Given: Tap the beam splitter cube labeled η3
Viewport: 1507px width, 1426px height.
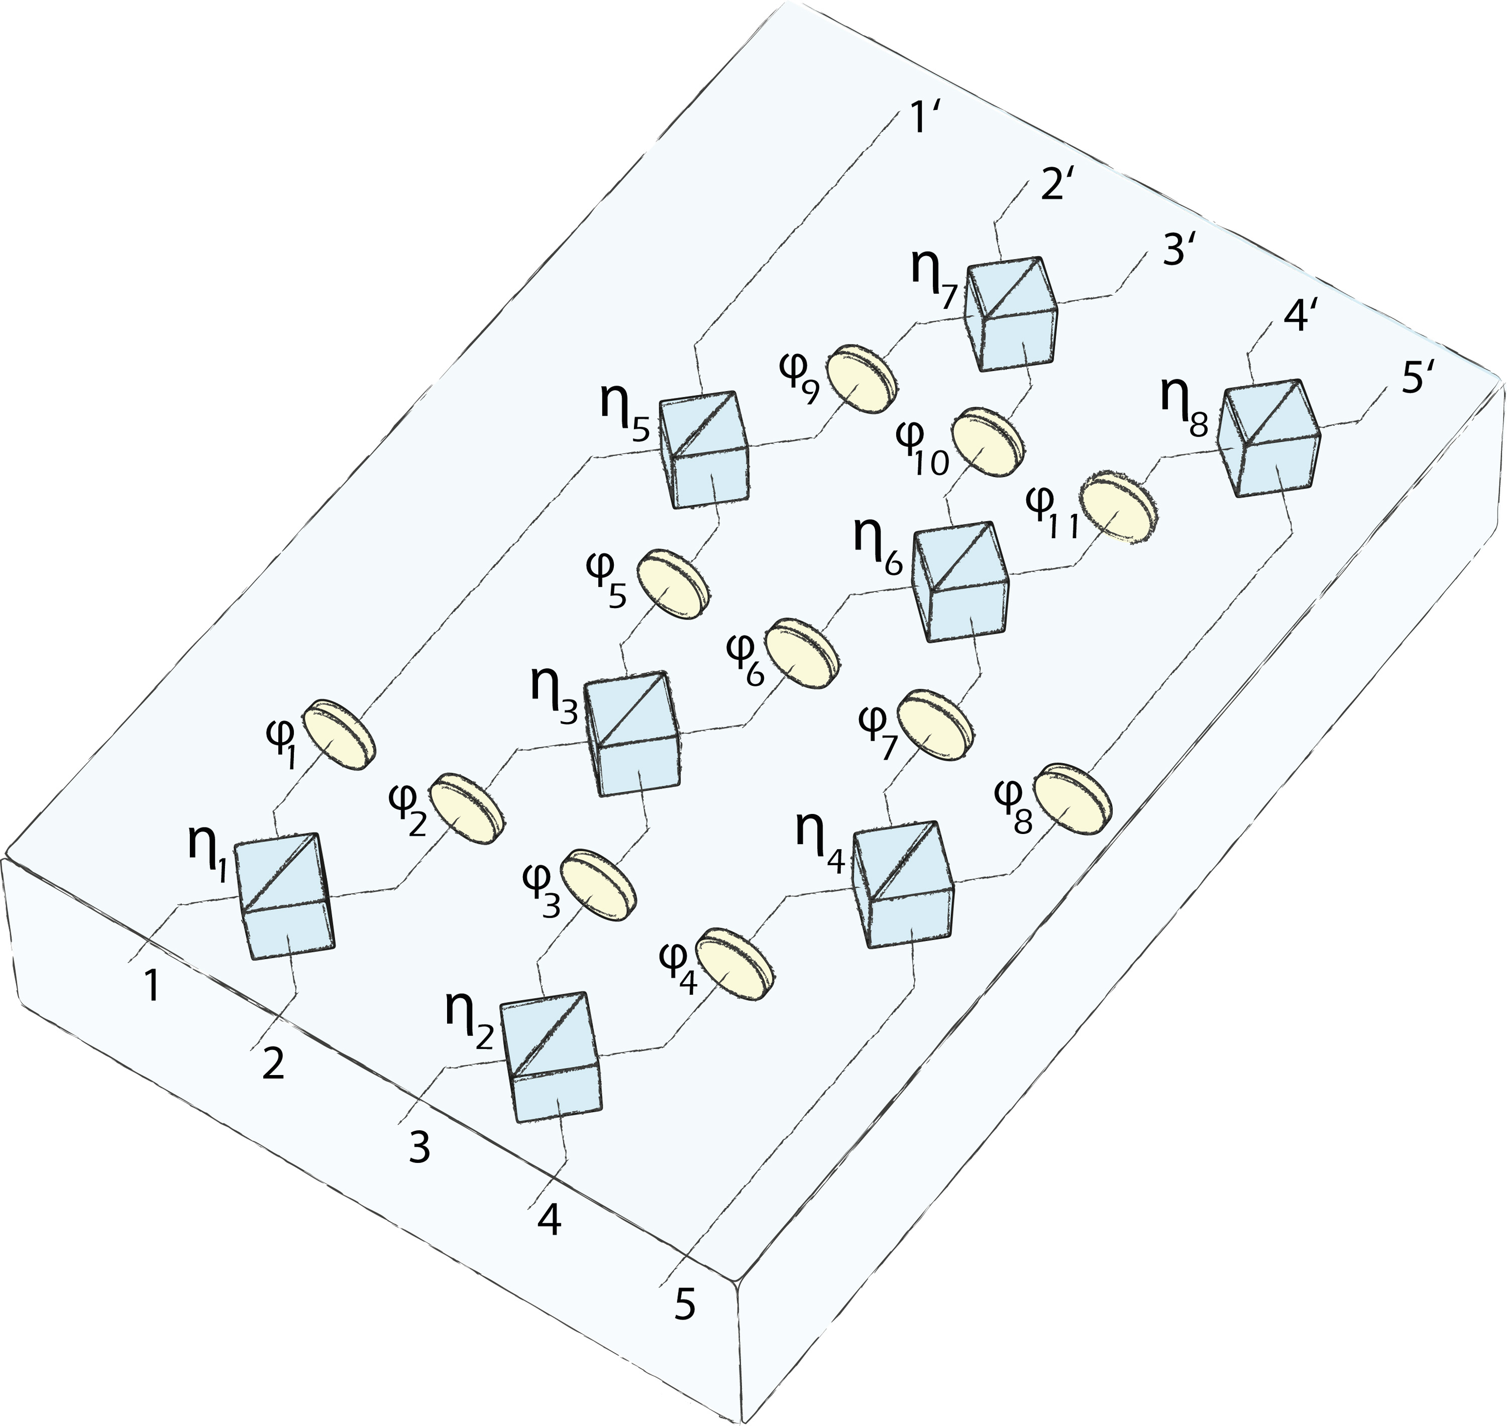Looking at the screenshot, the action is click(633, 734).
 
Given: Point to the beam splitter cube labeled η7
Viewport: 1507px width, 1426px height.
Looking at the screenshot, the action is click(1011, 313).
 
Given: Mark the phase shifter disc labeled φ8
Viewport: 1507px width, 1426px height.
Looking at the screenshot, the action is click(1073, 799).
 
